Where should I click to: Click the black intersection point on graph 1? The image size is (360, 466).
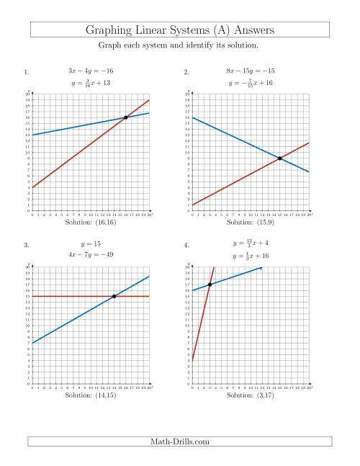pyautogui.click(x=126, y=117)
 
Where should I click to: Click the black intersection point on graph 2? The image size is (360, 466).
pyautogui.click(x=280, y=158)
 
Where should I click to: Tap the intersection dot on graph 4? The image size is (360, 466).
pyautogui.click(x=210, y=284)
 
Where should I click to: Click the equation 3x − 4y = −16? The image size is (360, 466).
pyautogui.click(x=91, y=71)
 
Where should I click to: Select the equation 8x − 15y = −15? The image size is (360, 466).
pyautogui.click(x=251, y=71)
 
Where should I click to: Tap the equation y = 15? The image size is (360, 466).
pyautogui.click(x=91, y=243)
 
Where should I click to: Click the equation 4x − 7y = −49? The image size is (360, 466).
pyautogui.click(x=91, y=255)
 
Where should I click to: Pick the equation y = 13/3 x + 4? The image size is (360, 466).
pyautogui.click(x=251, y=243)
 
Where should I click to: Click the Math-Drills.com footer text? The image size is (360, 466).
pyautogui.click(x=180, y=442)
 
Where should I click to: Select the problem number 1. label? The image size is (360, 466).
pyautogui.click(x=27, y=72)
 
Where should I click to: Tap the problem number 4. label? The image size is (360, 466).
pyautogui.click(x=186, y=245)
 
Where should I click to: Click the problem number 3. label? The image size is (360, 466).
pyautogui.click(x=27, y=245)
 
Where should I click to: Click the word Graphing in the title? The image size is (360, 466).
pyautogui.click(x=111, y=30)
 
